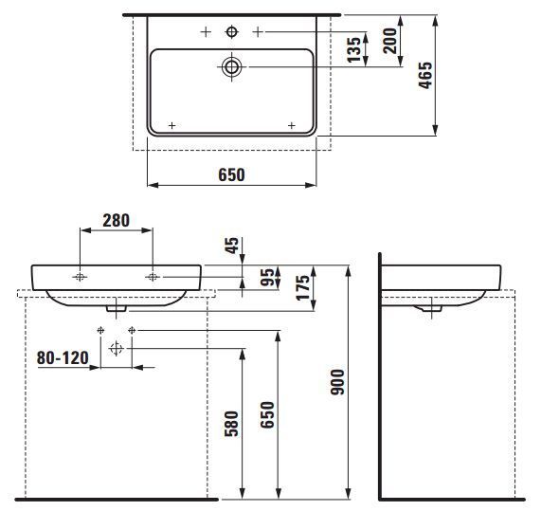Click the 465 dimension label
tap(425, 75)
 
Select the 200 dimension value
tap(390, 41)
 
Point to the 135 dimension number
tap(354, 49)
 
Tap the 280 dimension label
tap(116, 220)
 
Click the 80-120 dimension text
tap(63, 357)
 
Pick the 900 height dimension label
tap(337, 382)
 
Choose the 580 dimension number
tap(231, 423)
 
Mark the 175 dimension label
tap(303, 287)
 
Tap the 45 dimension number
tap(232, 246)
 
